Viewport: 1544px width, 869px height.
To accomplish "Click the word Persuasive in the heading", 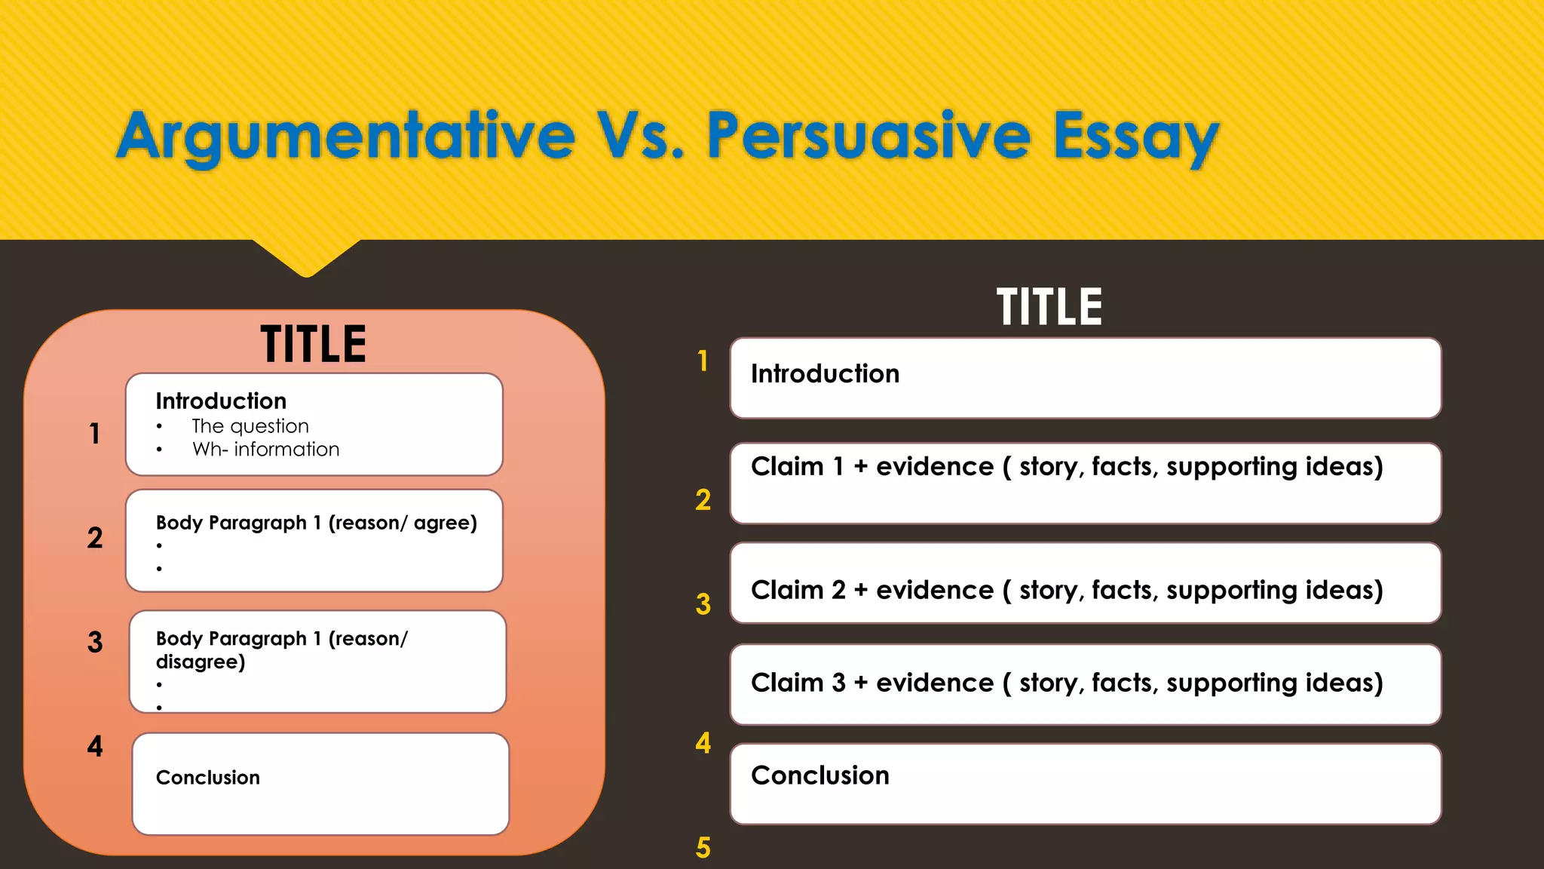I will [x=867, y=136].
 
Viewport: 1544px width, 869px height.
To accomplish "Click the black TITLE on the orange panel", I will [x=314, y=344].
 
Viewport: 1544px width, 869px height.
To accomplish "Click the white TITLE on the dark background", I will [x=1049, y=307].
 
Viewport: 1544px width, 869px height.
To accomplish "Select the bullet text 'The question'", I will [x=250, y=426].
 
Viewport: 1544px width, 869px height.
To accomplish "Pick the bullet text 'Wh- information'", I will [x=265, y=450].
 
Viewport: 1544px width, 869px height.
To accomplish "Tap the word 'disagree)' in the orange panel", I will [x=201, y=662].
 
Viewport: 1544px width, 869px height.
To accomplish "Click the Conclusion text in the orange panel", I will [x=208, y=778].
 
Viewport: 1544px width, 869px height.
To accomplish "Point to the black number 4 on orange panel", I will [x=95, y=746].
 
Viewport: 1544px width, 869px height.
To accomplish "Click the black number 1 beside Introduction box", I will [x=95, y=434].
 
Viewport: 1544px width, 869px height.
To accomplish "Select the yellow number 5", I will [x=703, y=848].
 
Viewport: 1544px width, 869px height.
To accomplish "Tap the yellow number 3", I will [x=703, y=604].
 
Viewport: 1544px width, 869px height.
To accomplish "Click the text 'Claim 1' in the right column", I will [x=797, y=467].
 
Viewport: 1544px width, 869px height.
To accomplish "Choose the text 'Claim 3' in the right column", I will [x=797, y=683].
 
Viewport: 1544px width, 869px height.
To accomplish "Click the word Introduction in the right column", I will [x=825, y=374].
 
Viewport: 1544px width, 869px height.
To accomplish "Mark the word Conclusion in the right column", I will [x=820, y=775].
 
